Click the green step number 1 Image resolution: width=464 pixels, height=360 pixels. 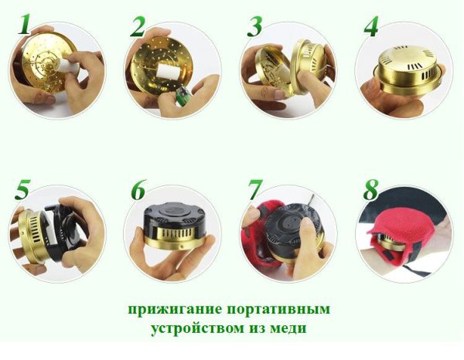coord(25,24)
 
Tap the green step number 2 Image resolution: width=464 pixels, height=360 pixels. coord(137,26)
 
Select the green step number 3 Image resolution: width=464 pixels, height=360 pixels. coord(254,26)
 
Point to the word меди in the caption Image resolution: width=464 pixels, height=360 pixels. coord(292,328)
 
